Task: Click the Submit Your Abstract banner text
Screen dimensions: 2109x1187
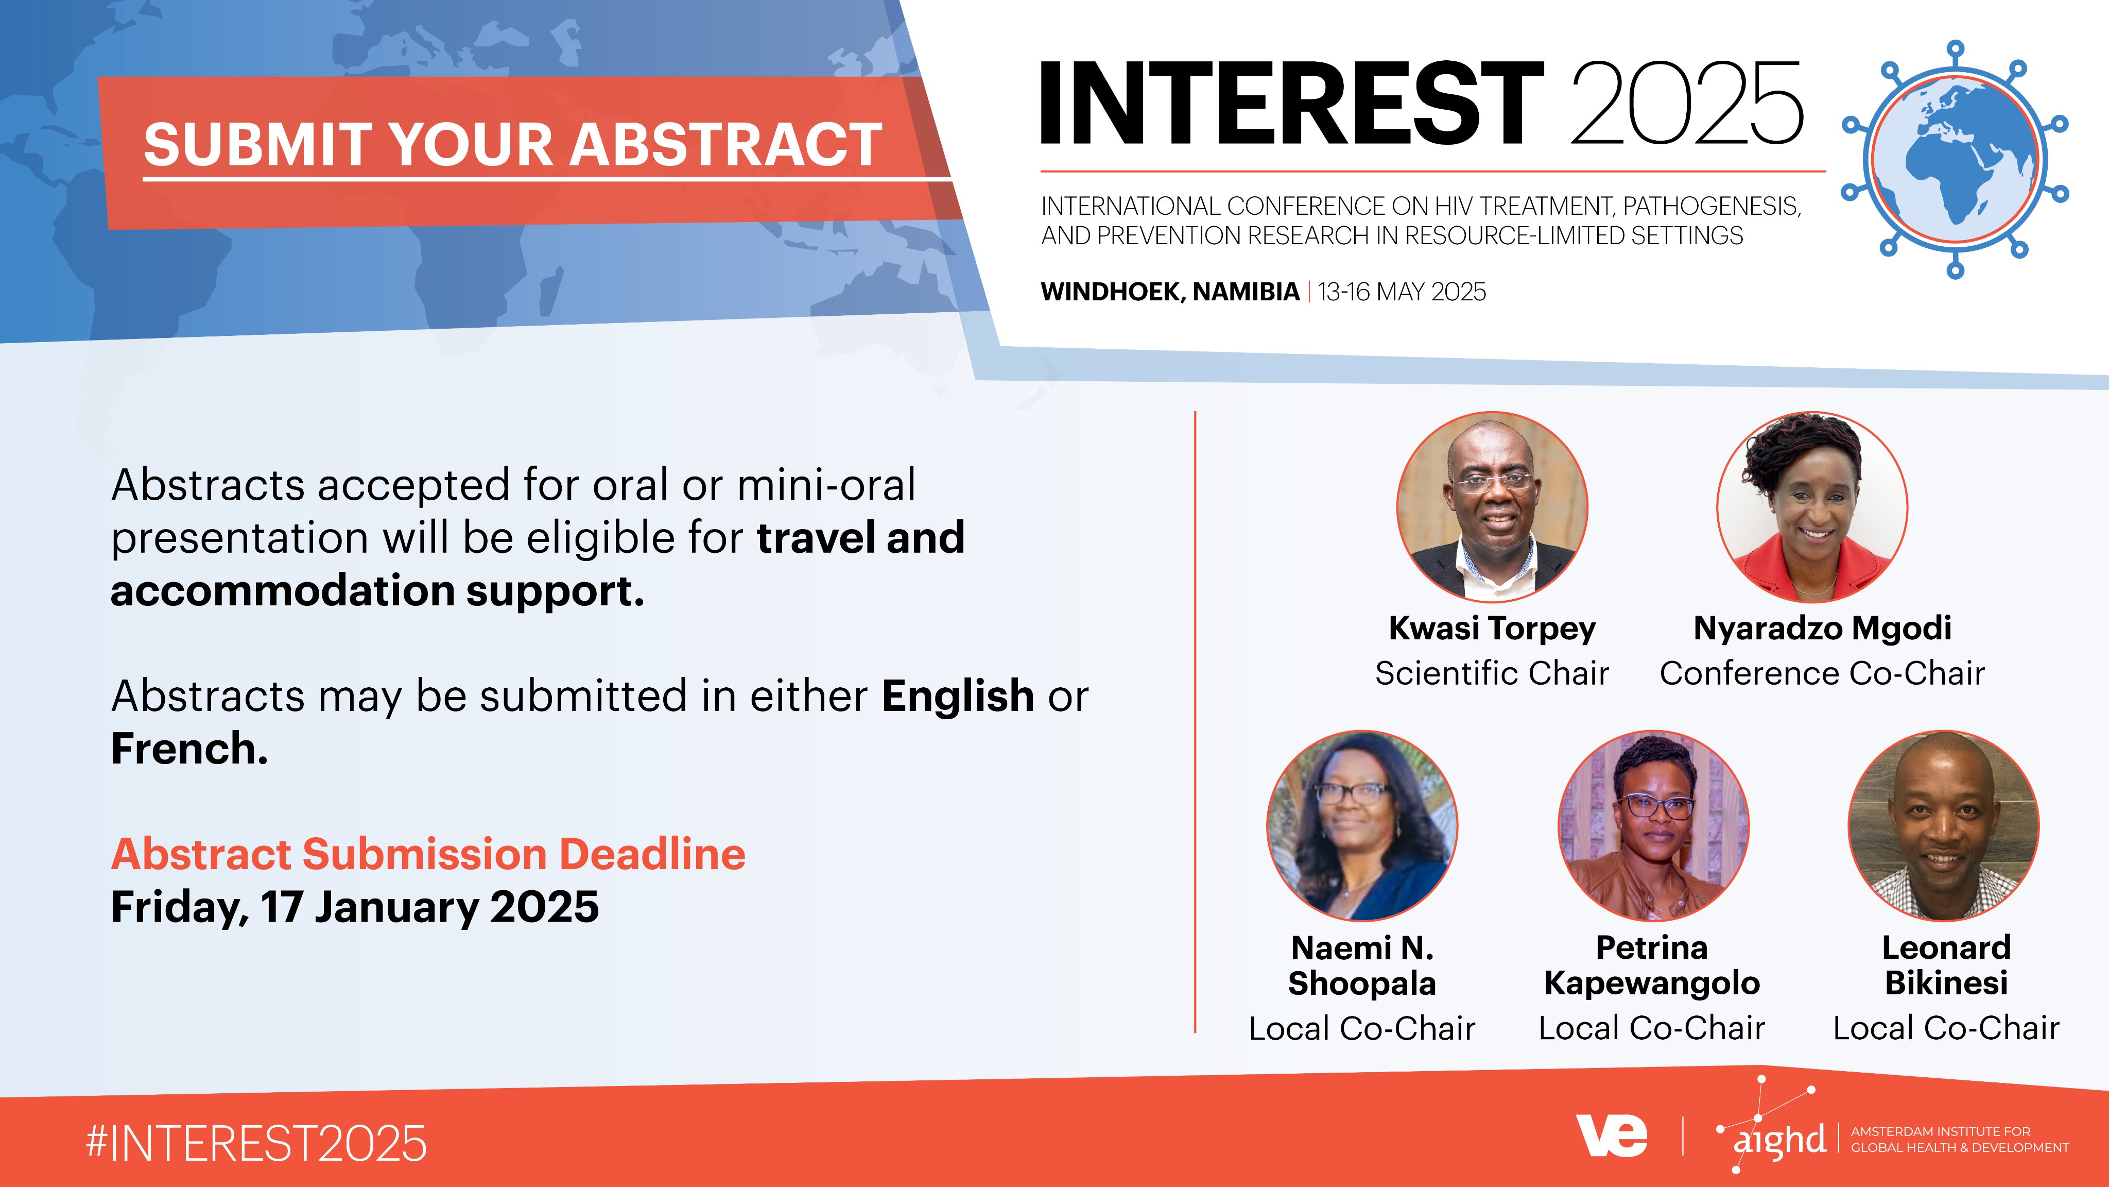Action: [512, 144]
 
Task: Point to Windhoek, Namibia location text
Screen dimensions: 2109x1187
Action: [1170, 292]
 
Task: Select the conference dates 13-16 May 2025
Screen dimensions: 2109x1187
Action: [1402, 292]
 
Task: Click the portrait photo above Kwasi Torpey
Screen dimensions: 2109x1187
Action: [1492, 507]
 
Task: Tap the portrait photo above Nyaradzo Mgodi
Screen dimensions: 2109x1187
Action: [1812, 507]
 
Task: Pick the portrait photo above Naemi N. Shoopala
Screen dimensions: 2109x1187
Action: [1362, 826]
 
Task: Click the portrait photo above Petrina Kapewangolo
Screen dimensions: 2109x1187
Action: [1653, 826]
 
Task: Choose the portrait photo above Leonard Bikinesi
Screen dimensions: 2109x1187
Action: [1944, 826]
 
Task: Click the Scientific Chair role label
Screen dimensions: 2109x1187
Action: [1492, 673]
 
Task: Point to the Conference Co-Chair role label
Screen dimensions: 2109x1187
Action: [1822, 673]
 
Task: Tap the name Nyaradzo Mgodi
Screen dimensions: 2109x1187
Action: [1822, 629]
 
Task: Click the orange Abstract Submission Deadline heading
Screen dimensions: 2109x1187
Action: [428, 854]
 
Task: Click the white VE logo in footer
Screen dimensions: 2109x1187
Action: [1611, 1135]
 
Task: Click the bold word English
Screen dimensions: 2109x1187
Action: [958, 697]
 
